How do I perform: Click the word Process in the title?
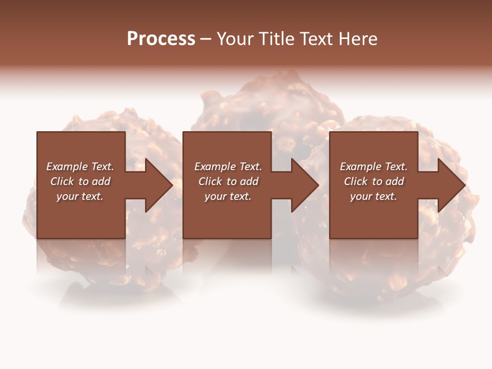pos(161,39)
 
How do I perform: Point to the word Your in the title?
pos(236,39)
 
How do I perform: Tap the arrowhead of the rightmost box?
pos(451,185)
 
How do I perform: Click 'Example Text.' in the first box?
pos(80,167)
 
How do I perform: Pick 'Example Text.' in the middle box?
pos(228,167)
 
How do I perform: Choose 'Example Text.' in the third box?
pos(374,167)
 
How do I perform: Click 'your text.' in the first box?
pos(80,196)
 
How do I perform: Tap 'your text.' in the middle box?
pos(228,196)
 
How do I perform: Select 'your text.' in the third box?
pos(374,196)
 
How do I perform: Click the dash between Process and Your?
pos(206,39)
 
